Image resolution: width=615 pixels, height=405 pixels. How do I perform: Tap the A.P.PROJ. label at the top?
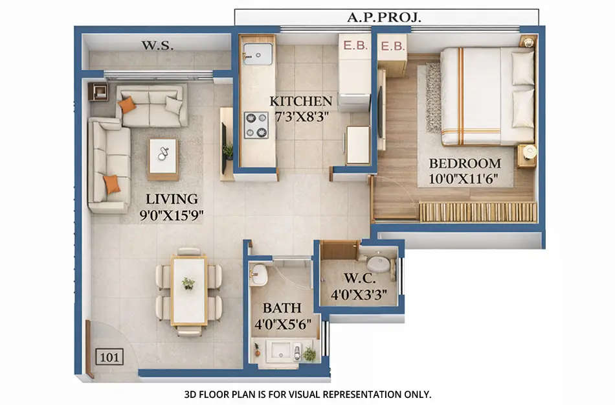(x=385, y=17)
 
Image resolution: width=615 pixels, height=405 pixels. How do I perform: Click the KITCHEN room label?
(x=301, y=101)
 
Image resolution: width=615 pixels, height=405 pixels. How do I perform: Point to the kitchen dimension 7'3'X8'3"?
(x=301, y=117)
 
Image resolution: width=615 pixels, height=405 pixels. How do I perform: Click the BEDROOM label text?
(x=465, y=163)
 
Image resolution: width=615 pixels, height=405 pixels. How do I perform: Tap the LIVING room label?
(x=172, y=199)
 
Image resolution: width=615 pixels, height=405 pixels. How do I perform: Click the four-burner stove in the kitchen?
(x=256, y=125)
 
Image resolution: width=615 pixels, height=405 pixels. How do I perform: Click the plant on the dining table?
(x=188, y=283)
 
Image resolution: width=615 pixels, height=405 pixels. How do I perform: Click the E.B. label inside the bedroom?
(x=392, y=47)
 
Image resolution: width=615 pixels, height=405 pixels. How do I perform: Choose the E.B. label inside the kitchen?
(x=355, y=47)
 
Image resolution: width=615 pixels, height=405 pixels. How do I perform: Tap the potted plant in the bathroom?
(x=310, y=354)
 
